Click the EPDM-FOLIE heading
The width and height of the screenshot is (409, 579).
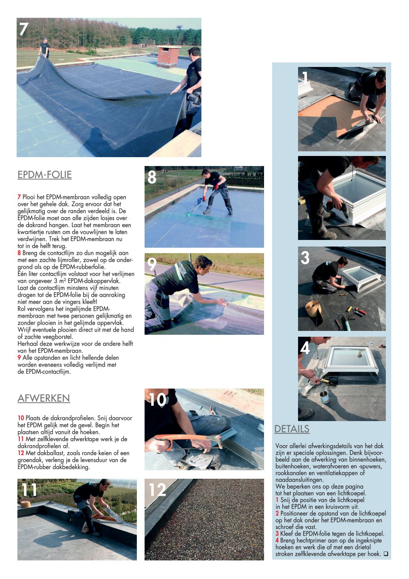coord(44,175)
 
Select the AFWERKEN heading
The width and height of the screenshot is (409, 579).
coord(44,398)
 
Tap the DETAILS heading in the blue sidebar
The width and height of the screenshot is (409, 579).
coord(292,429)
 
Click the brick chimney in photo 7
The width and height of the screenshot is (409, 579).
coord(169,57)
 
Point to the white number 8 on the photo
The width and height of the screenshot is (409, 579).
coord(152,177)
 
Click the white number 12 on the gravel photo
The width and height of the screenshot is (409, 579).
coord(157,490)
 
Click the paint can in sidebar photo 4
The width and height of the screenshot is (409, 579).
coord(324,397)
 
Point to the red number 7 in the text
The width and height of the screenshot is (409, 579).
coord(19,197)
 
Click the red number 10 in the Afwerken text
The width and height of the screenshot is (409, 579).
coord(21,418)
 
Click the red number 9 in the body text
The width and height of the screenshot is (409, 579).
coord(19,358)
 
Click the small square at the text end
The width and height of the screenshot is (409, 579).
coord(385,554)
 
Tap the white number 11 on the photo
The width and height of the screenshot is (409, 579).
coord(29,490)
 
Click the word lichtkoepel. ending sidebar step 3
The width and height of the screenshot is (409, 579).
coord(369,534)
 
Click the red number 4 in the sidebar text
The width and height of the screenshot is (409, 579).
coord(277,540)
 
